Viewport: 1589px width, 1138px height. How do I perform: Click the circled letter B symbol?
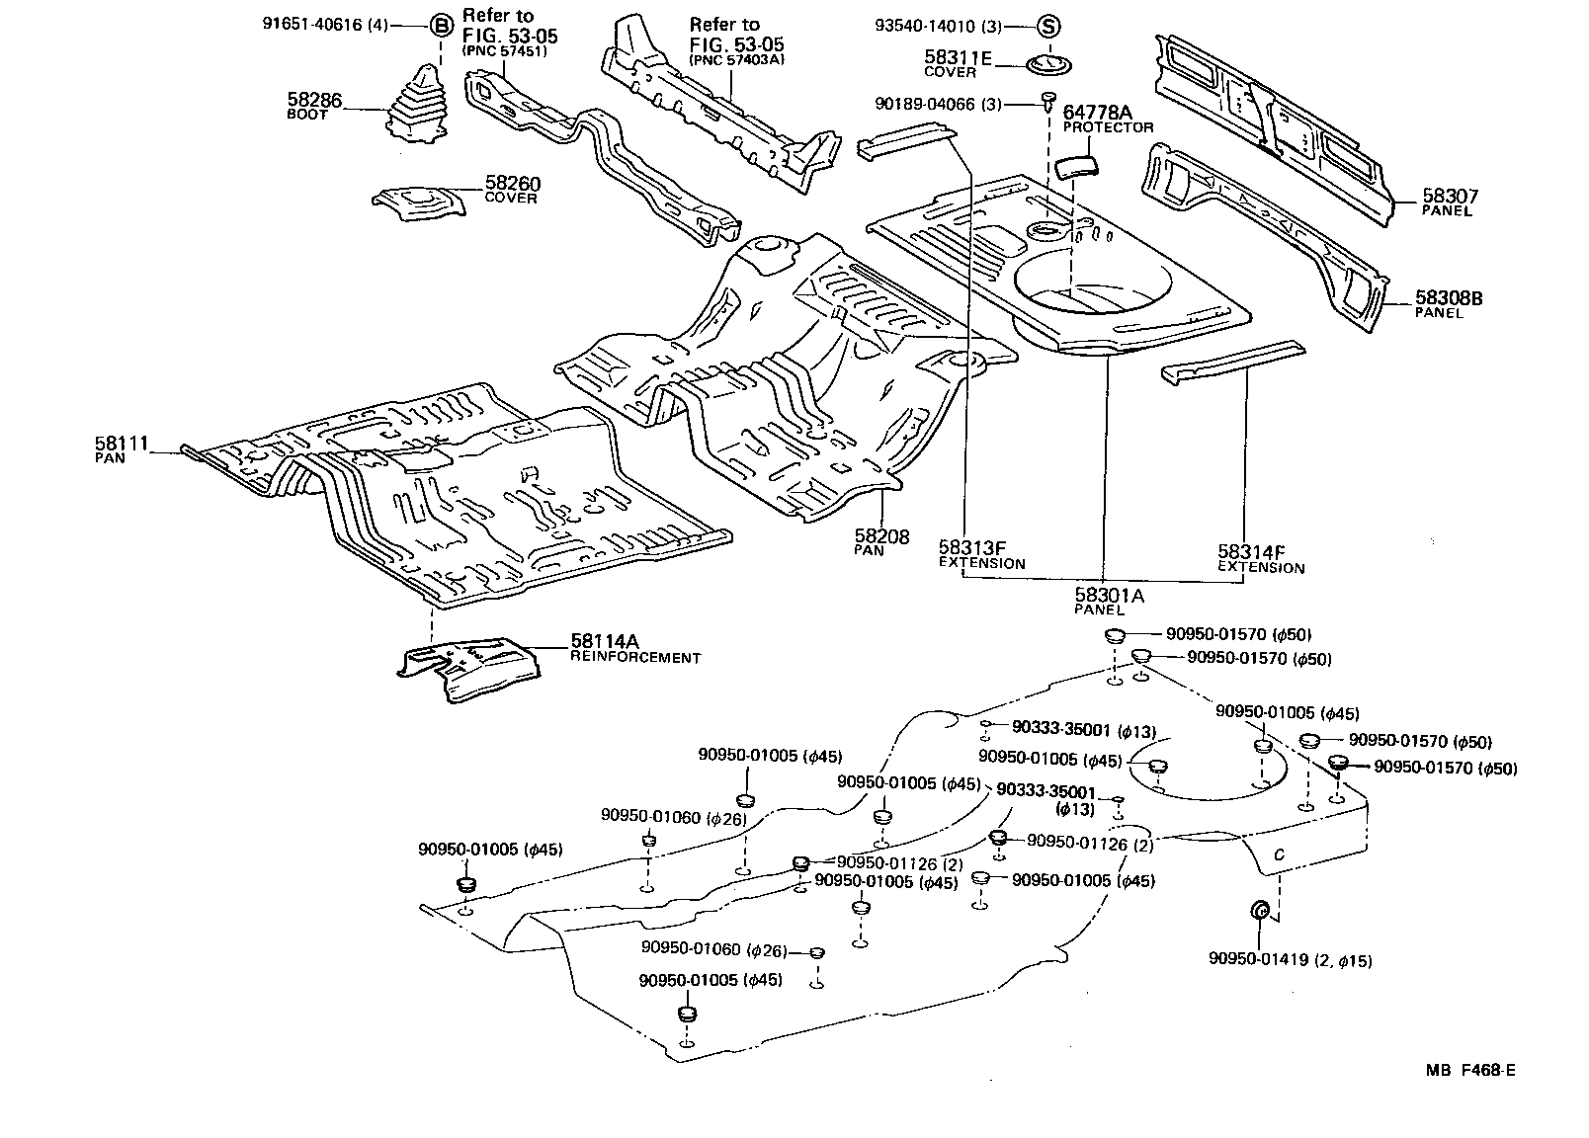tap(442, 27)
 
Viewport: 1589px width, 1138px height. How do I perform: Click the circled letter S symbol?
tap(1048, 27)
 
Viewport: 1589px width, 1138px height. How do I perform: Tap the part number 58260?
tap(512, 184)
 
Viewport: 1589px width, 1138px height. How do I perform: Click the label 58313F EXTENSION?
tap(981, 555)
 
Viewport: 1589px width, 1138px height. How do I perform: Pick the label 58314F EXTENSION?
tap(1260, 559)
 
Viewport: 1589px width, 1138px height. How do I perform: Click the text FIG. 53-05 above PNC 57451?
tap(510, 37)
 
